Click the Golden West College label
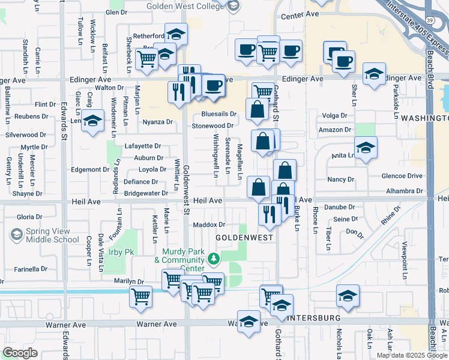point(185,5)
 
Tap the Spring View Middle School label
point(44,235)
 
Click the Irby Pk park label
point(121,252)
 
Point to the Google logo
point(20,352)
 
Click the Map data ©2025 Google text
point(412,355)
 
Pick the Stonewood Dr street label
point(212,126)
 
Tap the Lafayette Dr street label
point(142,146)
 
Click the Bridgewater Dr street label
point(146,193)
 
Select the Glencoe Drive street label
point(402,176)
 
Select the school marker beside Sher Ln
point(374,74)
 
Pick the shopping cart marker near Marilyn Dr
point(141,296)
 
